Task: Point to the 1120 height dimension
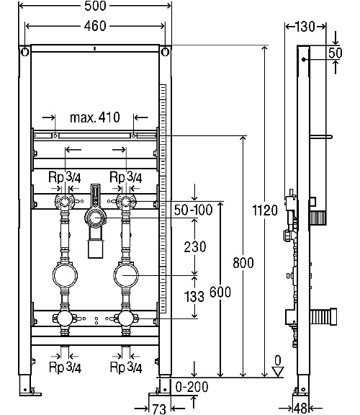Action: point(266,211)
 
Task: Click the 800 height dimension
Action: point(244,264)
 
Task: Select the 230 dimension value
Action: point(195,246)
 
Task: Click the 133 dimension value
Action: point(195,295)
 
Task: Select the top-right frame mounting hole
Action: point(166,52)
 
